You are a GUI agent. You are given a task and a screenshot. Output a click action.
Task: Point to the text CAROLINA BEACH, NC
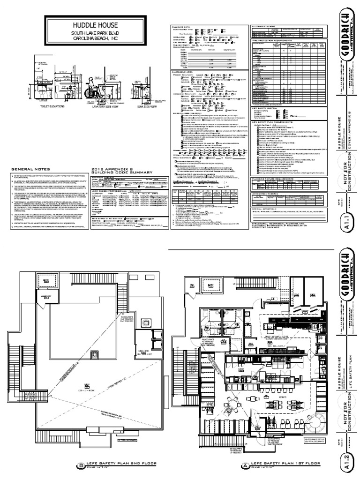95,40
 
